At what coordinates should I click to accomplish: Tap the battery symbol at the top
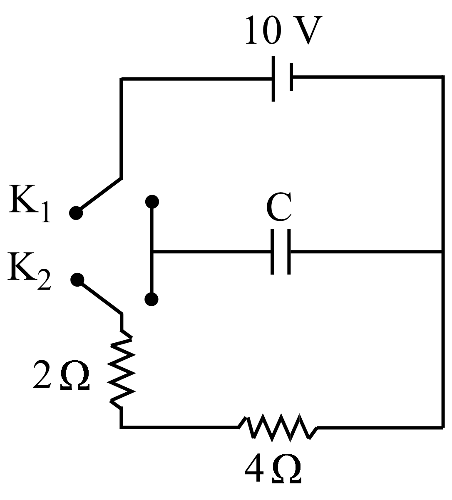[x=283, y=78]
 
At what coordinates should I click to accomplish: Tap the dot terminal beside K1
[x=76, y=213]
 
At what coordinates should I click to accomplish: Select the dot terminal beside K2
[x=77, y=280]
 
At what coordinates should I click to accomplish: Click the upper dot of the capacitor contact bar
[x=152, y=202]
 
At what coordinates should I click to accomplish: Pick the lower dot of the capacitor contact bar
[x=152, y=299]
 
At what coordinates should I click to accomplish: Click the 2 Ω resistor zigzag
[x=122, y=370]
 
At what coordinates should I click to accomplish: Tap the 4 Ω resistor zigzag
[x=278, y=426]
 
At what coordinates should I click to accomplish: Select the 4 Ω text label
[x=273, y=470]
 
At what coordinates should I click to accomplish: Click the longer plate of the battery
[x=273, y=79]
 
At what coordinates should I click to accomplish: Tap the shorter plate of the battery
[x=291, y=77]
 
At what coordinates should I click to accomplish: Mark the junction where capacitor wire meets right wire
[x=442, y=252]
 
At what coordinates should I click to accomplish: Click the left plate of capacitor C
[x=272, y=252]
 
